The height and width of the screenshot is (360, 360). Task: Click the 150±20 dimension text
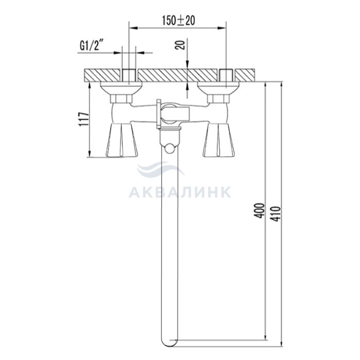[178, 21]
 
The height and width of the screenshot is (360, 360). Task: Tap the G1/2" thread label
[91, 46]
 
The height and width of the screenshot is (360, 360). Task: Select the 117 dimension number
[83, 119]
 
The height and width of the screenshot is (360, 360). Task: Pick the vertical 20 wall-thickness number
[180, 45]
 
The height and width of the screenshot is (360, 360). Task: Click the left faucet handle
[122, 140]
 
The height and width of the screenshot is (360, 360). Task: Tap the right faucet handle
[219, 140]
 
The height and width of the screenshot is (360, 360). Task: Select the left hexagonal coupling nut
[121, 99]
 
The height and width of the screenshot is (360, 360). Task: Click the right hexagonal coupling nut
[219, 99]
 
